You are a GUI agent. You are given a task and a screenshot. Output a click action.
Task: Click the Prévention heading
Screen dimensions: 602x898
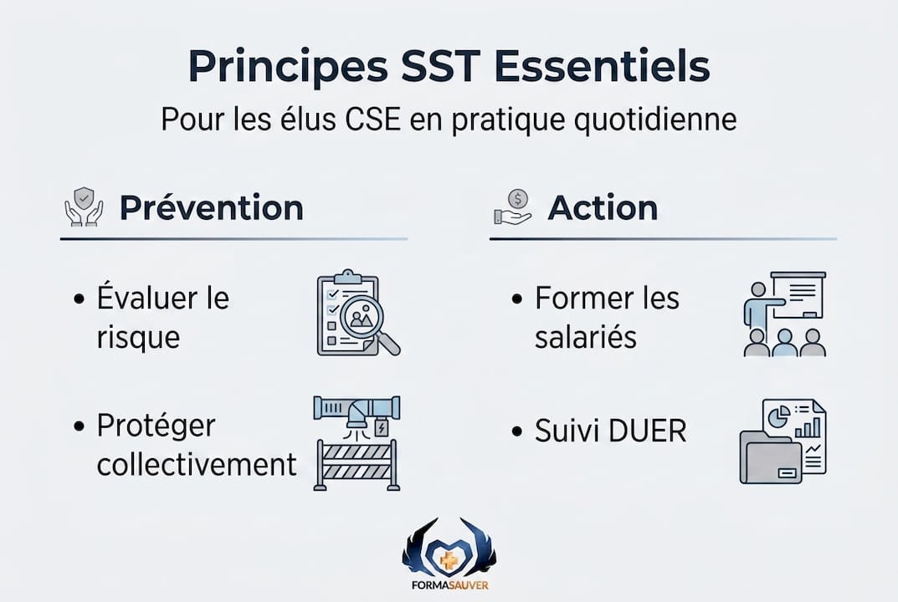[x=211, y=207]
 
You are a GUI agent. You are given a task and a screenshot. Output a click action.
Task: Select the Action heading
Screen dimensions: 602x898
[x=603, y=207]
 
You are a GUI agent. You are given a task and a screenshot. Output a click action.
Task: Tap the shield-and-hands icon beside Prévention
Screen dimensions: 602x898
[x=84, y=207]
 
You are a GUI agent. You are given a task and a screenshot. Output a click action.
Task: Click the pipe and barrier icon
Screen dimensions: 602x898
[x=357, y=442]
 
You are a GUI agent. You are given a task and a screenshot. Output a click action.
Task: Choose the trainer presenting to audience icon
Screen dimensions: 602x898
[x=784, y=314]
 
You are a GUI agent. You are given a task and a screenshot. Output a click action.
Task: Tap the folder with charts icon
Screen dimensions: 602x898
[x=783, y=441]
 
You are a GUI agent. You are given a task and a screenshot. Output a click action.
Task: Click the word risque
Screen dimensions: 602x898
[x=138, y=337]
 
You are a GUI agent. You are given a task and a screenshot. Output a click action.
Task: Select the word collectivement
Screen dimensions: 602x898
[x=197, y=464]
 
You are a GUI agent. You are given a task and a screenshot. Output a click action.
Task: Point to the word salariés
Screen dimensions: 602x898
[x=586, y=337]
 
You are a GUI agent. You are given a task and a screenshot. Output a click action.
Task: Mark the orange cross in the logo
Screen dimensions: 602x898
[x=449, y=558]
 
